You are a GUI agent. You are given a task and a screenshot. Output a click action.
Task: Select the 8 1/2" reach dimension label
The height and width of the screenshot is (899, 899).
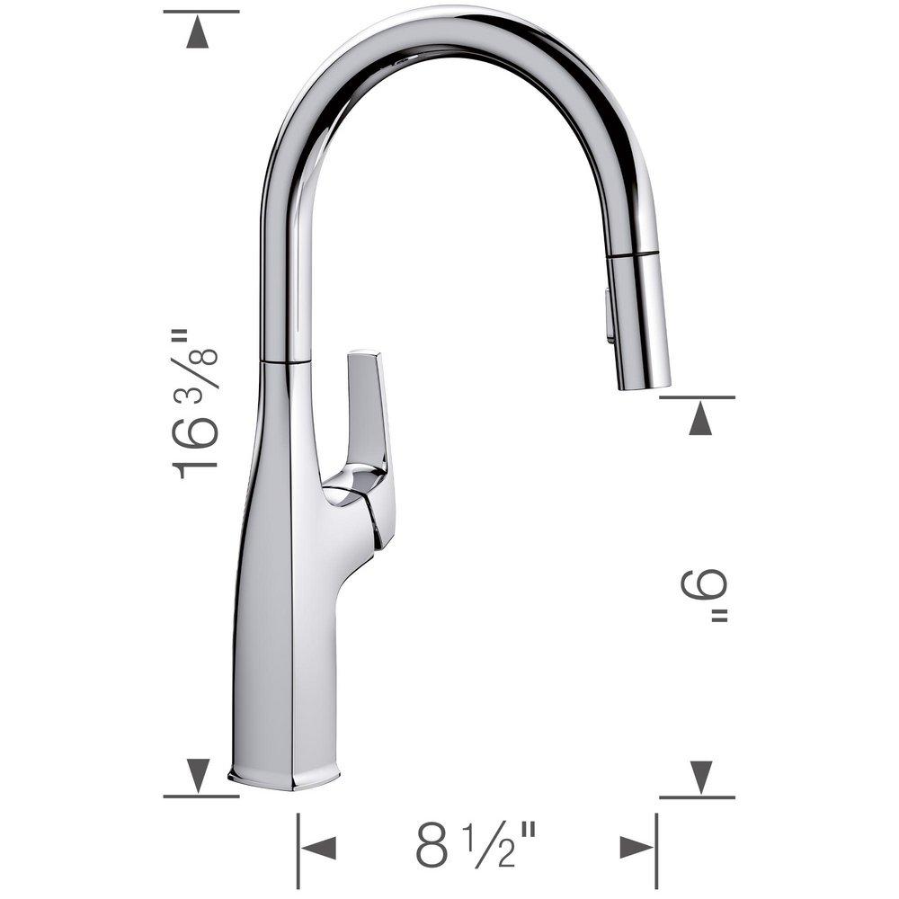[x=476, y=847]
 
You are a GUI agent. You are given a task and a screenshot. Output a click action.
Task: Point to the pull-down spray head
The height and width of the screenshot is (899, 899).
[x=640, y=319]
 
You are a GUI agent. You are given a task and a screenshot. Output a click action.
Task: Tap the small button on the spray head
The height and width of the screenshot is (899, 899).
[x=611, y=315]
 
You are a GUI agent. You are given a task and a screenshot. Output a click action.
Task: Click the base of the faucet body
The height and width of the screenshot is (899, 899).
[x=285, y=773]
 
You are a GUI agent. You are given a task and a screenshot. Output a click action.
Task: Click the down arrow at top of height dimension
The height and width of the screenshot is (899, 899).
[x=200, y=33]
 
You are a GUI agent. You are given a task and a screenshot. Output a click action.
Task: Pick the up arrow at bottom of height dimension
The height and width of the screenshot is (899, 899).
[x=200, y=773]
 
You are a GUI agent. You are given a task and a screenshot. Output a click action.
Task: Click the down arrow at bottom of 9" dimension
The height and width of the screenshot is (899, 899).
[x=700, y=775]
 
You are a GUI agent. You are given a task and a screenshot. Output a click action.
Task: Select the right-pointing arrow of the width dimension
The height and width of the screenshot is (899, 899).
[x=636, y=848]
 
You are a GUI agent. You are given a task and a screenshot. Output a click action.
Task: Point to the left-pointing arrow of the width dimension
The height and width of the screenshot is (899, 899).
[x=318, y=848]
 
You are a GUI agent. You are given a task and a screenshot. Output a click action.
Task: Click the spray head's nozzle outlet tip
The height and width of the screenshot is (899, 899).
[x=645, y=384]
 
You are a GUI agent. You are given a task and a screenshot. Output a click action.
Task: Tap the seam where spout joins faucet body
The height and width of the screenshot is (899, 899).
[x=286, y=361]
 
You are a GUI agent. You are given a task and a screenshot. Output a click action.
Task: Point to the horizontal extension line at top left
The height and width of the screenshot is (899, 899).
[x=201, y=12]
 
